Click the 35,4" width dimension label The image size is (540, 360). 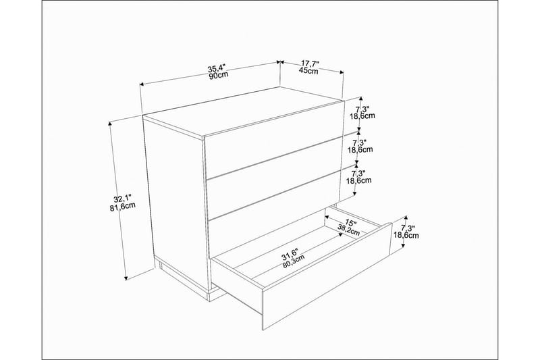[217, 68]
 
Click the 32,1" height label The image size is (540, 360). [122, 199]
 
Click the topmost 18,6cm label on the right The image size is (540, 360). [362, 115]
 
